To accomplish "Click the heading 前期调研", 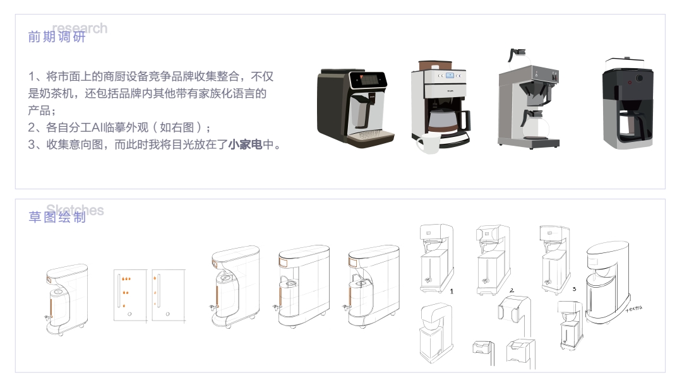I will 56,37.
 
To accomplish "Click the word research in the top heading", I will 80,28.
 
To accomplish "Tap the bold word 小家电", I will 245,144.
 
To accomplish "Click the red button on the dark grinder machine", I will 630,82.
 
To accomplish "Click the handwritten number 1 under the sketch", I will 452,292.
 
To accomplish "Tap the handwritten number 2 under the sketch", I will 512,292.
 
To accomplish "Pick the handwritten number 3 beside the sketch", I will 573,288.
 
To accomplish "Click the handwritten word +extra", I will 633,309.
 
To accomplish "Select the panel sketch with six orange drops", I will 130,295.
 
